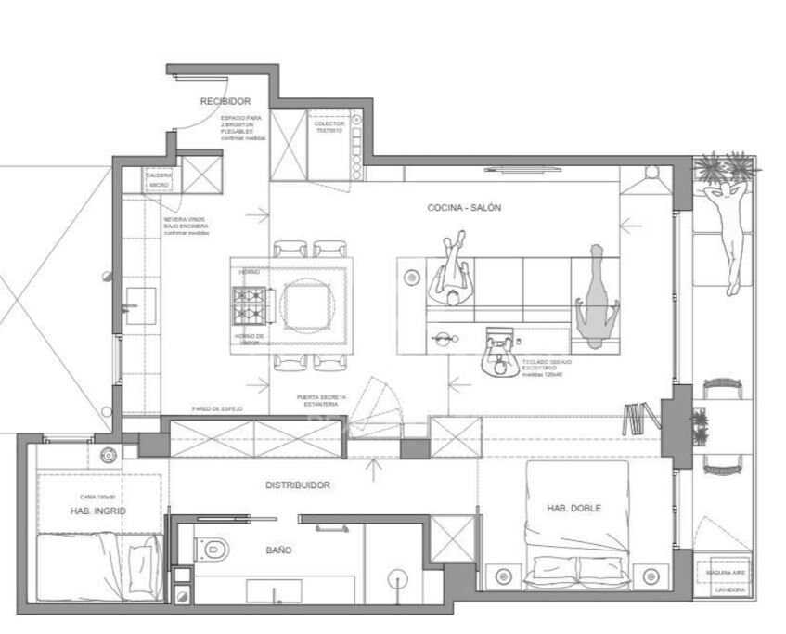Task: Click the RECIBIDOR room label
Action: coord(225,101)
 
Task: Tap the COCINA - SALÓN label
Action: coord(464,208)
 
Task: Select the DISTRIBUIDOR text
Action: coord(298,485)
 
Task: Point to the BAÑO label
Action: coord(278,550)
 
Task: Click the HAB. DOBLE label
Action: coord(573,508)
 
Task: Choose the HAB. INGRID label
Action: coord(97,511)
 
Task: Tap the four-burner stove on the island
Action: coord(250,303)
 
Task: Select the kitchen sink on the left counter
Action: coord(140,305)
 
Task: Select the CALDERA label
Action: coord(159,175)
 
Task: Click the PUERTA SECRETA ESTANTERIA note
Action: coord(322,400)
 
